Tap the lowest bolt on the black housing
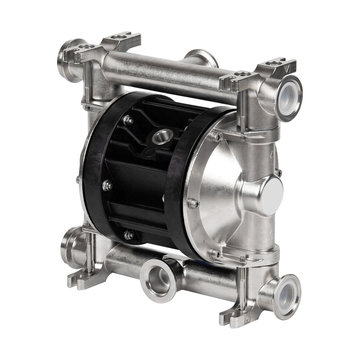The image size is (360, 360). pyautogui.click(x=128, y=235)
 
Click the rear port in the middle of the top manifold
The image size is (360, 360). pyautogui.click(x=200, y=57)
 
